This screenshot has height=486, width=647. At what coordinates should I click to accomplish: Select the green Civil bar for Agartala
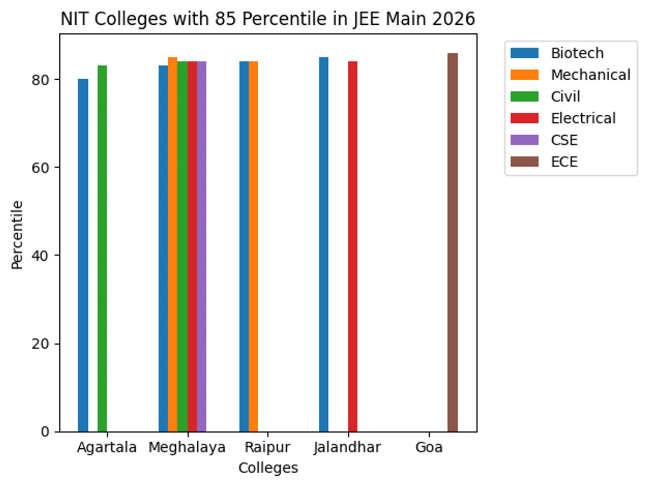102,248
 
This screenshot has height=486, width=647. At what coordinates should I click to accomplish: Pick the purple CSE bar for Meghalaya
202,246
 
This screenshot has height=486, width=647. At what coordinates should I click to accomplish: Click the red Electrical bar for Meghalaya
192,246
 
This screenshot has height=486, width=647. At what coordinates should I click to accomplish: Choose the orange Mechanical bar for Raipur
253,246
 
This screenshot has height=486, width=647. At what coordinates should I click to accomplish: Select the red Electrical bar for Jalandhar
353,246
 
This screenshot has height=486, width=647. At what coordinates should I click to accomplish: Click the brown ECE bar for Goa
452,242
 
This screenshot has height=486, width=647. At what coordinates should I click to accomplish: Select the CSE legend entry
564,140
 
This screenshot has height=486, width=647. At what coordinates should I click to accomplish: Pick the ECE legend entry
564,162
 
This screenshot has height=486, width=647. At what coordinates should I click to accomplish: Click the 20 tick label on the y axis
45,344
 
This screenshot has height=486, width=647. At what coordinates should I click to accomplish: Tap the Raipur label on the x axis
267,448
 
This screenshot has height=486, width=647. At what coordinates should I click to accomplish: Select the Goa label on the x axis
429,448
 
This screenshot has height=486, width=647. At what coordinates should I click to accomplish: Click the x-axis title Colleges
268,468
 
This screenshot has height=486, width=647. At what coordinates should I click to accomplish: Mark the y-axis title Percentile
18,234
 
